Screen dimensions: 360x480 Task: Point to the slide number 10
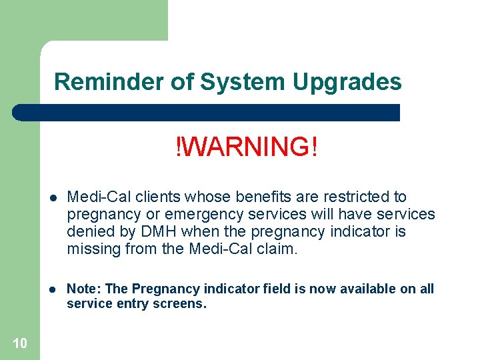(x=20, y=343)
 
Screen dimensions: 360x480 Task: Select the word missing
(x=90, y=249)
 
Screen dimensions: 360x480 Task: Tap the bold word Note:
(x=83, y=289)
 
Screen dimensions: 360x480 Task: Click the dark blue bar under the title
(x=207, y=112)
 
